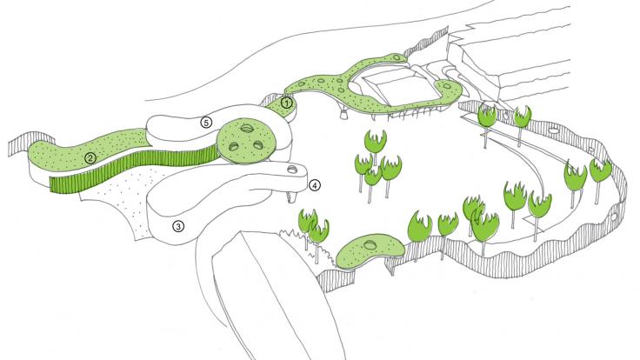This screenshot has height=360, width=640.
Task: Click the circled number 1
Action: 286,103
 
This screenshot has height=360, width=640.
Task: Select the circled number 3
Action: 178,227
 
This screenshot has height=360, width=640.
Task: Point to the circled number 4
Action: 316,184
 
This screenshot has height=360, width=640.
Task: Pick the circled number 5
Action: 206,123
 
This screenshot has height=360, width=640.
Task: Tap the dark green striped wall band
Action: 130,170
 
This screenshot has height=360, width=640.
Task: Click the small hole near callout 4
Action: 291,169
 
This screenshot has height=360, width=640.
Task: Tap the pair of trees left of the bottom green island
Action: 313,229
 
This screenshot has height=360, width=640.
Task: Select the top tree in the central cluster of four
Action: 375,140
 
